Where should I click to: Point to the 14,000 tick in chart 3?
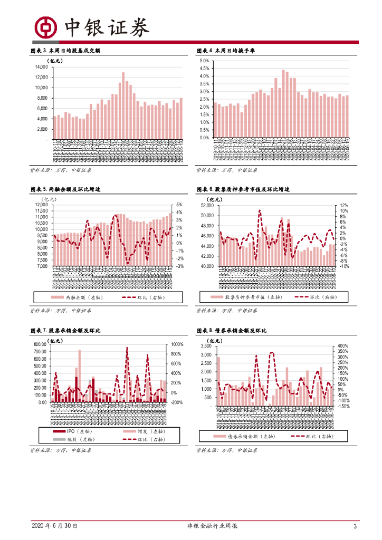tap(41, 67)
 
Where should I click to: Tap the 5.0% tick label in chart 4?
tap(204, 61)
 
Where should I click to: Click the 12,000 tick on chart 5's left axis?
tap(41, 205)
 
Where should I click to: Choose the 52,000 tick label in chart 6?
tap(205, 205)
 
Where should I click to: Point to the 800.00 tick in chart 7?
tap(40, 344)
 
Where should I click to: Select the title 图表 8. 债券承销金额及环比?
tap(231, 331)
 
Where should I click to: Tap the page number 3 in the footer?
tap(355, 526)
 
